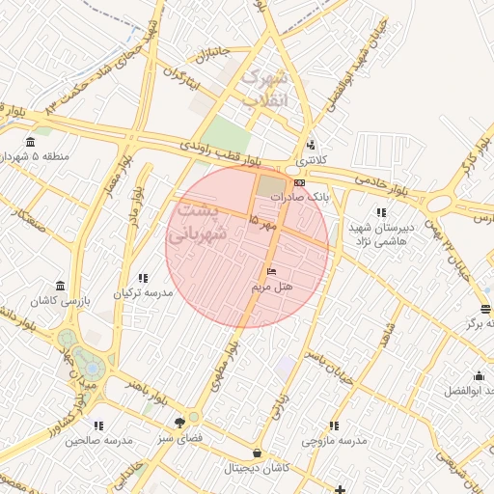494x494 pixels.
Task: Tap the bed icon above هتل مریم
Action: click(x=271, y=271)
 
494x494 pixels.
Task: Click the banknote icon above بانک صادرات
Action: click(x=299, y=181)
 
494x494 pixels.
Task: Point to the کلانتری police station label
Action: click(x=312, y=159)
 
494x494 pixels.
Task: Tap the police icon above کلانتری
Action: click(x=310, y=146)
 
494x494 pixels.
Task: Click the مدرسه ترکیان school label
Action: click(x=144, y=292)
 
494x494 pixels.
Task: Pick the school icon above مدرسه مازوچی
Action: click(x=334, y=425)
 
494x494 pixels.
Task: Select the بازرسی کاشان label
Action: click(x=62, y=301)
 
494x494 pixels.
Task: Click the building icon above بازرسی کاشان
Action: click(x=61, y=286)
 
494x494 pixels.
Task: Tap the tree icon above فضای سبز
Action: click(x=179, y=422)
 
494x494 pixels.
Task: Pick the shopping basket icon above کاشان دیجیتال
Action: click(x=256, y=453)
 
